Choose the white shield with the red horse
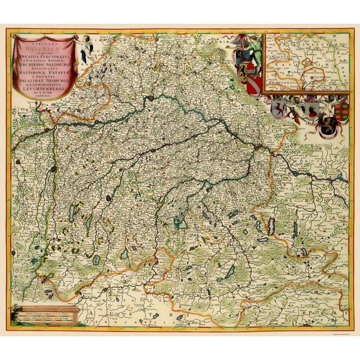(279, 109)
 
